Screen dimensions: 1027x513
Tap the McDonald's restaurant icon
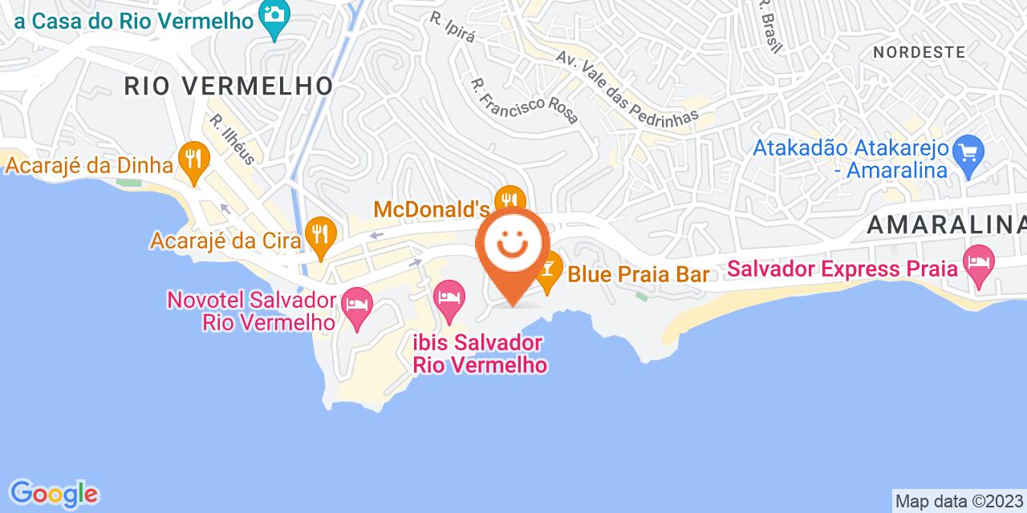click(509, 200)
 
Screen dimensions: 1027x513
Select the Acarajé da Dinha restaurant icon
click(193, 156)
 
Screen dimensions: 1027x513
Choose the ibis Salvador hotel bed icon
click(449, 296)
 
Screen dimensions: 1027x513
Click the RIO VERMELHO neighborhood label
click(229, 86)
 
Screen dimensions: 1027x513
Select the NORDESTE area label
click(919, 52)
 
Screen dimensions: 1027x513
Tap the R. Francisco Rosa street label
click(525, 100)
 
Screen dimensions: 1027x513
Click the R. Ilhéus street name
click(233, 139)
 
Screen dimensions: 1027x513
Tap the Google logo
click(54, 493)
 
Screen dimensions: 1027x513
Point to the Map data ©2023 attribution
click(959, 502)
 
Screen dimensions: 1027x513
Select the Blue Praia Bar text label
click(639, 275)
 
